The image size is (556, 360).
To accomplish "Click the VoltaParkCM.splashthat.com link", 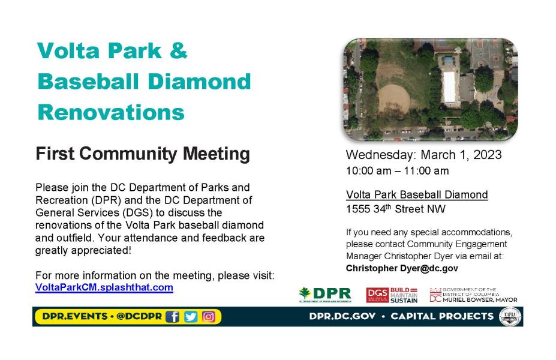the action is (x=104, y=287).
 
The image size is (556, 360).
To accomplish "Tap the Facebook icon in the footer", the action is (x=172, y=316).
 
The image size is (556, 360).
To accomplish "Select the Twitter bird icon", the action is (x=190, y=316).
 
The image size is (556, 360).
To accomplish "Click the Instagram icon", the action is (x=209, y=316).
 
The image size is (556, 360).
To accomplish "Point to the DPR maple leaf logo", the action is (x=305, y=293).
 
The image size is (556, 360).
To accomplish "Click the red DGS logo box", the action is (x=377, y=295).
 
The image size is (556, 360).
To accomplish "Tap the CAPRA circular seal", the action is (x=510, y=317).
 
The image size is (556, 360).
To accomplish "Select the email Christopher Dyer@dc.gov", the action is (x=402, y=268).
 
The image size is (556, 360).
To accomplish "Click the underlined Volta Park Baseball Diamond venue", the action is (x=417, y=195).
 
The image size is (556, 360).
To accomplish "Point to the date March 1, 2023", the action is (x=461, y=155).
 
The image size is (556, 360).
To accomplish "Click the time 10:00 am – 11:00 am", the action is (x=398, y=171).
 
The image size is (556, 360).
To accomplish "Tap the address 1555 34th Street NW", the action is (x=396, y=209).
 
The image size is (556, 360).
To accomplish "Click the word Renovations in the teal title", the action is (x=111, y=112).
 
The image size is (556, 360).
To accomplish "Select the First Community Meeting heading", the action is (x=143, y=154).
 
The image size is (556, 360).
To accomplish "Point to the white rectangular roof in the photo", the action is (x=449, y=87).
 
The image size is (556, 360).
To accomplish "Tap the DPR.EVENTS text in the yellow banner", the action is (x=75, y=316).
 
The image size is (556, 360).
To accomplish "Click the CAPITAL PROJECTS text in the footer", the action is (x=442, y=316).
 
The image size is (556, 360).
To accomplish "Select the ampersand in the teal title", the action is (x=178, y=50).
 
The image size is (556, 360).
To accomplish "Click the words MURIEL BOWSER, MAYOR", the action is (x=480, y=300).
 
